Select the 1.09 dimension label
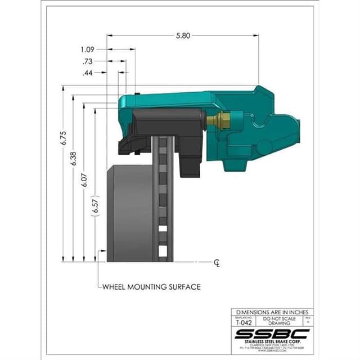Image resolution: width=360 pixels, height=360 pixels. coord(88,49)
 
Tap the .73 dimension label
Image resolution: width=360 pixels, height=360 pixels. coord(88,61)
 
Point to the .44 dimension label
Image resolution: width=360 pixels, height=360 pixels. coord(88,73)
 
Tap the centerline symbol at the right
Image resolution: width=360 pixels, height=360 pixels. coord(217,263)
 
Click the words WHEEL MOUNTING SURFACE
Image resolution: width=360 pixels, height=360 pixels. coord(151,286)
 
